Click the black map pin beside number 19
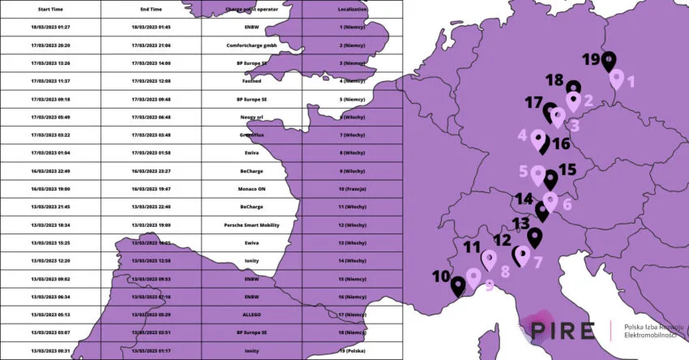click(x=608, y=61)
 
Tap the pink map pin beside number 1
click(x=616, y=79)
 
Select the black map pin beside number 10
click(x=457, y=285)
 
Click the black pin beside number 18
click(x=573, y=89)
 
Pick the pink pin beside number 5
click(x=536, y=174)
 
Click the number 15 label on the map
click(x=567, y=169)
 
